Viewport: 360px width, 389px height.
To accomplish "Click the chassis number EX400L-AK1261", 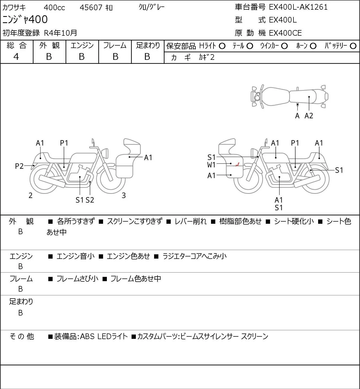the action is pyautogui.click(x=298, y=7).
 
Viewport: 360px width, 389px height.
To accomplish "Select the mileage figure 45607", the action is pyautogui.click(x=91, y=8).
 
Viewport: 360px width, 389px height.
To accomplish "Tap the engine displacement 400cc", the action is pyautogui.click(x=54, y=8).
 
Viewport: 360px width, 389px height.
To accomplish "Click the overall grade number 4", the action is pyautogui.click(x=16, y=57).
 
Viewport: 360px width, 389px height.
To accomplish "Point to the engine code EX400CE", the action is pyautogui.click(x=285, y=33).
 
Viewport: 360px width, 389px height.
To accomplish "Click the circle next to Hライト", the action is pyautogui.click(x=222, y=46).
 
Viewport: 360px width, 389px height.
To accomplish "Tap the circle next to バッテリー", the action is pyautogui.click(x=353, y=46).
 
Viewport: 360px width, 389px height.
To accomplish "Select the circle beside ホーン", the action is pyautogui.click(x=313, y=46).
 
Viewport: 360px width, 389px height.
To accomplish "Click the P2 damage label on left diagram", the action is pyautogui.click(x=19, y=166).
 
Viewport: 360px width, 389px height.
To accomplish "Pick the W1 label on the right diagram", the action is pyautogui.click(x=211, y=165).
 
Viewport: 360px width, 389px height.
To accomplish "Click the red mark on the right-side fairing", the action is pyautogui.click(x=237, y=165).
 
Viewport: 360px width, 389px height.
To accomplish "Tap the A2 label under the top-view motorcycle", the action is pyautogui.click(x=309, y=116).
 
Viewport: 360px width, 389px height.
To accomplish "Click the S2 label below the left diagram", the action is pyautogui.click(x=90, y=200).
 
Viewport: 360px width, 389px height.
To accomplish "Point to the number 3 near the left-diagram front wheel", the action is pyautogui.click(x=123, y=195).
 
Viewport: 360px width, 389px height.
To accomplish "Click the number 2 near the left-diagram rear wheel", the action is pyautogui.click(x=30, y=195).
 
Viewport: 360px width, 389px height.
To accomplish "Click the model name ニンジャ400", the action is pyautogui.click(x=25, y=20).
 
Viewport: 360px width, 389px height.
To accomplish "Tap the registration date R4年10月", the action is pyautogui.click(x=60, y=33).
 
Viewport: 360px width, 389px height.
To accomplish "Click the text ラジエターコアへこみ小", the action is pyautogui.click(x=195, y=256).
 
